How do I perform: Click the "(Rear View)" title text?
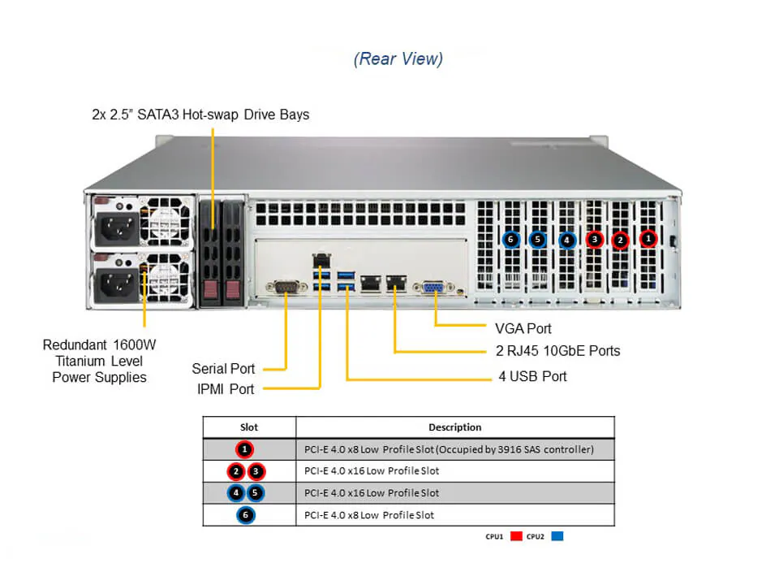(398, 58)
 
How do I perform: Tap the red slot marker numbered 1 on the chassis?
(648, 239)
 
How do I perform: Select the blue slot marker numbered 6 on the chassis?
(510, 239)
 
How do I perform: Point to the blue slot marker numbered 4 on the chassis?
(566, 239)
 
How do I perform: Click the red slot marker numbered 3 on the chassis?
(595, 239)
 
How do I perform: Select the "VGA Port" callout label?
(523, 328)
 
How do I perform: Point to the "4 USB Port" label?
(532, 376)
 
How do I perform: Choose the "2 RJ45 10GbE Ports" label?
(557, 351)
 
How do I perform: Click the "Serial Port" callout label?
(223, 368)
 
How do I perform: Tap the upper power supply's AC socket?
(115, 230)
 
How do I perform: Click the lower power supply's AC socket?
(115, 284)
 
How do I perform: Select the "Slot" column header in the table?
(249, 427)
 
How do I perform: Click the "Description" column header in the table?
(454, 427)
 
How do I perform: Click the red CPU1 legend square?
(516, 536)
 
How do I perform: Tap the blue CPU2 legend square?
(557, 536)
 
